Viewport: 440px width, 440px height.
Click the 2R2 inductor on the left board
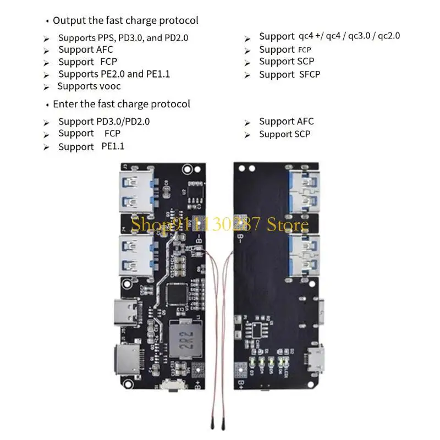[x=183, y=337]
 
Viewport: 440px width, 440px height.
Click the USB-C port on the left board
[x=128, y=311]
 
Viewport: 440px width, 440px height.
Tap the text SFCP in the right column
[x=310, y=74]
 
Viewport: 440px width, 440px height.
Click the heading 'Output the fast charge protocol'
[x=125, y=20]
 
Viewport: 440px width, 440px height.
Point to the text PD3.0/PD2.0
[x=123, y=122]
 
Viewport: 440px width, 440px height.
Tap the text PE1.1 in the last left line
[x=113, y=146]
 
